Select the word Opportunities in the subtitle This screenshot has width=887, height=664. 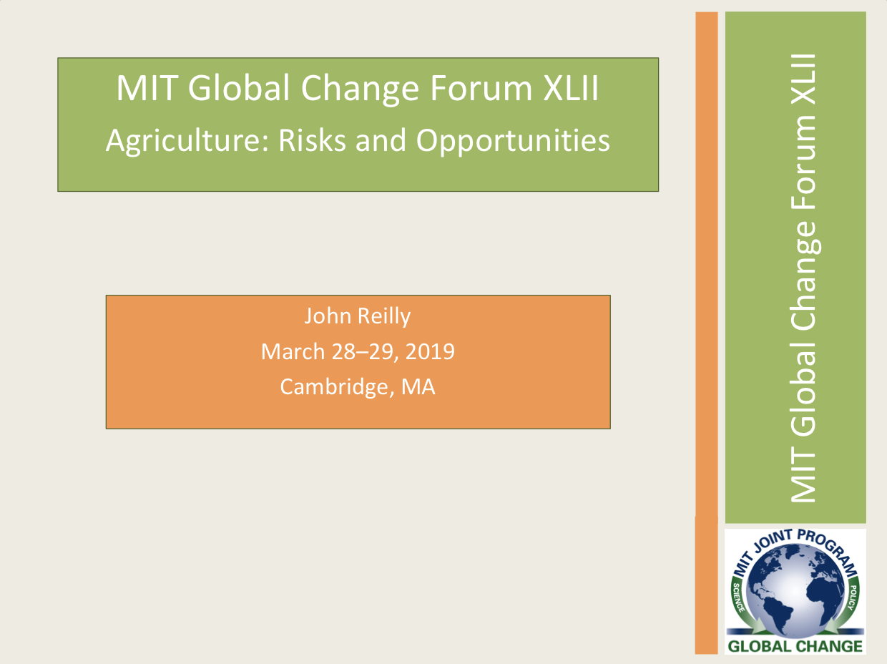pos(513,142)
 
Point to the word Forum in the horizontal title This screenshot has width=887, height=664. pos(481,88)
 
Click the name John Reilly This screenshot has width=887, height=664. pos(358,316)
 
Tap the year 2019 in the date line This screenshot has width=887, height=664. pos(430,351)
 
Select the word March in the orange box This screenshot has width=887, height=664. pos(293,351)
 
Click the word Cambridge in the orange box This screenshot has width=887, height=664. pos(334,387)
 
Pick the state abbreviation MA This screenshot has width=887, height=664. pos(418,387)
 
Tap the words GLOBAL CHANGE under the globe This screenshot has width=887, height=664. pos(795,646)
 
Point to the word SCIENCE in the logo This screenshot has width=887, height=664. pos(738,598)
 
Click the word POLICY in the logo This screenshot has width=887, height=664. pos(852,597)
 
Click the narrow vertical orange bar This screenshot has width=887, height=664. pos(706,333)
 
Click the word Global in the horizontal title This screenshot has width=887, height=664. pos(239,88)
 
